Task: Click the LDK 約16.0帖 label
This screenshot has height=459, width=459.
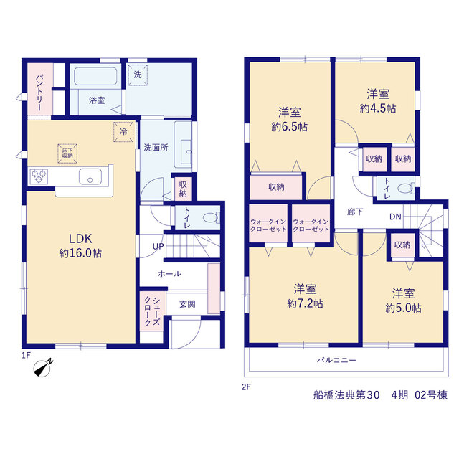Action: [x=80, y=245]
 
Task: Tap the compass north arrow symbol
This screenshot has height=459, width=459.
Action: [x=43, y=367]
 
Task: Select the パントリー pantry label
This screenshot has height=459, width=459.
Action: [x=39, y=93]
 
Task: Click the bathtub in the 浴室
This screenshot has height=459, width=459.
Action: [x=95, y=77]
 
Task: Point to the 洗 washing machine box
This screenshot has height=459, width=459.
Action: [x=138, y=75]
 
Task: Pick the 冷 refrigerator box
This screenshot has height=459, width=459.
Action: [x=123, y=132]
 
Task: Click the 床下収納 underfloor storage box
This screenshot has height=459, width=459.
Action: [x=67, y=153]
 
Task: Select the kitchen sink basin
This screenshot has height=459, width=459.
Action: [x=90, y=177]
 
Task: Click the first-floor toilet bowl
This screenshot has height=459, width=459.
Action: [x=210, y=218]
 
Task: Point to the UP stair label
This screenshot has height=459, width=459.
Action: [x=158, y=247]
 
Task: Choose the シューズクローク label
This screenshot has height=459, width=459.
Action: [x=152, y=311]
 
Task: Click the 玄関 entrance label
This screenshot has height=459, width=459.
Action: [x=187, y=304]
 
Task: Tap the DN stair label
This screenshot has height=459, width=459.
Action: [x=395, y=217]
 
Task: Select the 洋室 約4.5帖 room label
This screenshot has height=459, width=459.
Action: [x=378, y=101]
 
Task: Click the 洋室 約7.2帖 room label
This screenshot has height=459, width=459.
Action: [x=305, y=296]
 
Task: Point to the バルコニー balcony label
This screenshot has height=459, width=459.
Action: [x=336, y=360]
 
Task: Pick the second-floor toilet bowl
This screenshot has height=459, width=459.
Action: [x=406, y=188]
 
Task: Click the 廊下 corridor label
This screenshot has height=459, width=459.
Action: [x=355, y=212]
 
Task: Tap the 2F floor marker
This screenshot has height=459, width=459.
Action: [x=246, y=387]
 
